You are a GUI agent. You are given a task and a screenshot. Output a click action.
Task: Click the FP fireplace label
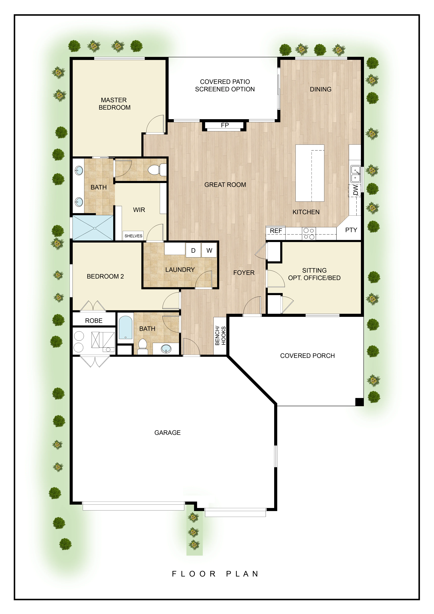pyautogui.click(x=225, y=125)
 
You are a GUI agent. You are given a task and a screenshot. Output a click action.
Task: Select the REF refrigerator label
pyautogui.click(x=276, y=231)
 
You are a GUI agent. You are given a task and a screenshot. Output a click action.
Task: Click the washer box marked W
pyautogui.click(x=209, y=250)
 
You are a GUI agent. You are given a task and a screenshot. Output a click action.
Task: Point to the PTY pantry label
pyautogui.click(x=351, y=230)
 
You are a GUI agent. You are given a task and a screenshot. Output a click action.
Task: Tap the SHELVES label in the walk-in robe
pyautogui.click(x=133, y=236)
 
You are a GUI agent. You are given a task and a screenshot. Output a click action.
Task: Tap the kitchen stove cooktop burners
pyautogui.click(x=309, y=233)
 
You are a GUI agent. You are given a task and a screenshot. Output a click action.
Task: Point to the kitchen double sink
pyautogui.click(x=355, y=174)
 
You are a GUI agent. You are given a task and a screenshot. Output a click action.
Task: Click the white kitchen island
pyautogui.click(x=310, y=173)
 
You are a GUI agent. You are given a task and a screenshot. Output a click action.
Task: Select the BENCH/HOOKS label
pyautogui.click(x=220, y=336)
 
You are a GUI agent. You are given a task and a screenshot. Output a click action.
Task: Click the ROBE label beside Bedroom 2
pyautogui.click(x=94, y=321)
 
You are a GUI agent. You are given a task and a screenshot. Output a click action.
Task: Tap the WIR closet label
pyautogui.click(x=139, y=210)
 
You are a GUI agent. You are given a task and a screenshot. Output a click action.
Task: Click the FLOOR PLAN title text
pyautogui.click(x=215, y=574)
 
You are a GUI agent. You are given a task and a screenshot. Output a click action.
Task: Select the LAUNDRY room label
pyautogui.click(x=180, y=270)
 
